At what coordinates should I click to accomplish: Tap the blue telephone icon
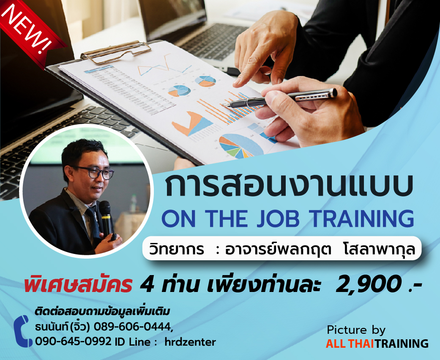click(x=23, y=331)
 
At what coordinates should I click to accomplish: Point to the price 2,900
click(x=368, y=284)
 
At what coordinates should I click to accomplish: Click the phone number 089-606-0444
click(x=132, y=327)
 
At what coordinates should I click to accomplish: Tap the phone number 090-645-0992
click(x=74, y=342)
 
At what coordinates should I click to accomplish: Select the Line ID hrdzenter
click(x=190, y=342)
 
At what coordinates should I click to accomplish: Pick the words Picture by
click(x=356, y=330)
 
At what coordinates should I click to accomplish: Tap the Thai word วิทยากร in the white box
click(x=177, y=248)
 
